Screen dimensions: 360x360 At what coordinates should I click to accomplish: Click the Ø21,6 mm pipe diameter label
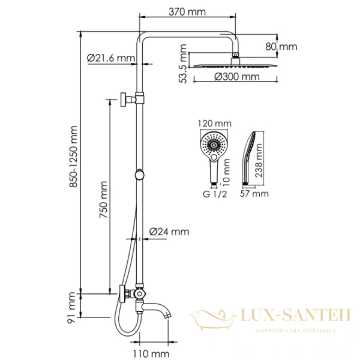click(x=110, y=58)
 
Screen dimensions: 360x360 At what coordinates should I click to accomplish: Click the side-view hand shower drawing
click(x=250, y=157)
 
